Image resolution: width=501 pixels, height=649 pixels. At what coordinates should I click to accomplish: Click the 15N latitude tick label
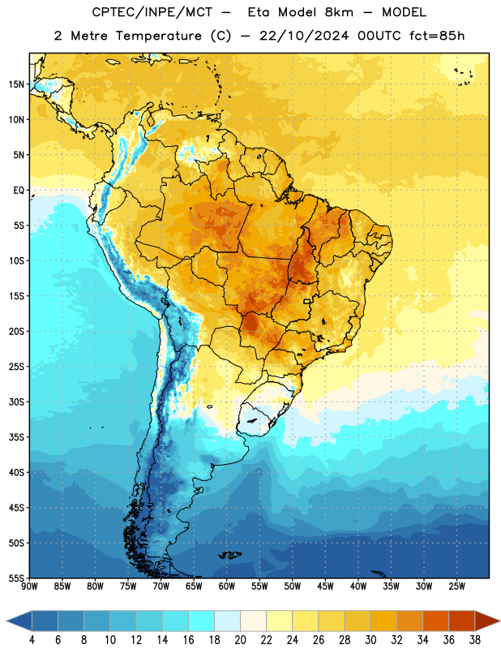click(x=16, y=84)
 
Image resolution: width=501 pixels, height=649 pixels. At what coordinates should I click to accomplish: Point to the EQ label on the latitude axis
click(x=19, y=191)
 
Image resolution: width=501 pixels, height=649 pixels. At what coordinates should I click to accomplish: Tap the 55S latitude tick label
click(x=16, y=578)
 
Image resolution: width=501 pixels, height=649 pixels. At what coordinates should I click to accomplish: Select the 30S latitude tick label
click(x=16, y=402)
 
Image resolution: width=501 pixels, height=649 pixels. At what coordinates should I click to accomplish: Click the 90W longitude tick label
click(x=30, y=587)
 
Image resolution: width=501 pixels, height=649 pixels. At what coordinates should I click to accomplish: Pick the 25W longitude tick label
click(x=456, y=587)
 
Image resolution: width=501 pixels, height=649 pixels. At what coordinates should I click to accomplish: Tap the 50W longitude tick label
click(x=293, y=587)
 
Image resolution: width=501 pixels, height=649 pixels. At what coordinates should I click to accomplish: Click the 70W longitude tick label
click(x=161, y=587)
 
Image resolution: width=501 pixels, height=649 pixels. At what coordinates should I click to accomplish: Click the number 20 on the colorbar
click(x=240, y=640)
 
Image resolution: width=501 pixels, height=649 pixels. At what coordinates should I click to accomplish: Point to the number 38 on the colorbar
click(x=475, y=640)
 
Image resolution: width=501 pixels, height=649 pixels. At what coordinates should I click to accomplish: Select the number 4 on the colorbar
click(x=32, y=640)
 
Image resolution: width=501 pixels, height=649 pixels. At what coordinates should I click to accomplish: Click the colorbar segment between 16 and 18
click(x=201, y=621)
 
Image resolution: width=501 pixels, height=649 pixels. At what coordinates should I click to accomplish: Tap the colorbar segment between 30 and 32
click(x=383, y=621)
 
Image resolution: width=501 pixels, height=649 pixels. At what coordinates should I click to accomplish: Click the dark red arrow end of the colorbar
click(x=486, y=621)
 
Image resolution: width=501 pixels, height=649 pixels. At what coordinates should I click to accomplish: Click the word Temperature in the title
click(x=158, y=36)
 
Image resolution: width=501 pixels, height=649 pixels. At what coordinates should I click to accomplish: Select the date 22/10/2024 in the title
click(x=304, y=36)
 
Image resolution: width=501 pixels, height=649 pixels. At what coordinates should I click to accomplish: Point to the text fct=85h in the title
click(x=437, y=36)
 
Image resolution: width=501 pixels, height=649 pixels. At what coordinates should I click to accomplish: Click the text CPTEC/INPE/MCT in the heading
click(x=152, y=12)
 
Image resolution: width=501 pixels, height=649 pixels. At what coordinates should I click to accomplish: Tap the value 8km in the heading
click(x=339, y=12)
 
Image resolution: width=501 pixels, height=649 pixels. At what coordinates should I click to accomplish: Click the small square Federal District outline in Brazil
click(x=307, y=301)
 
